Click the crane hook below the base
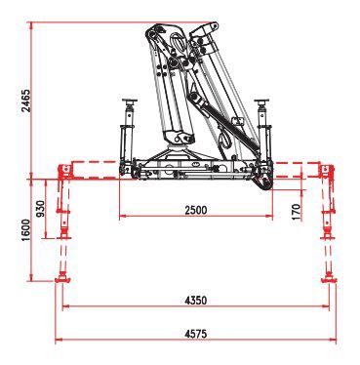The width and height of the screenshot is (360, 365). [261, 183]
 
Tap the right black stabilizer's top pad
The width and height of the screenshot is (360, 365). [260, 101]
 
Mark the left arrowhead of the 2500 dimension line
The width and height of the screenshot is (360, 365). [123, 218]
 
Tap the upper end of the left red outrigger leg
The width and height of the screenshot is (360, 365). [65, 170]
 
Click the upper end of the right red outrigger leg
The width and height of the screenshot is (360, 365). [326, 170]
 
